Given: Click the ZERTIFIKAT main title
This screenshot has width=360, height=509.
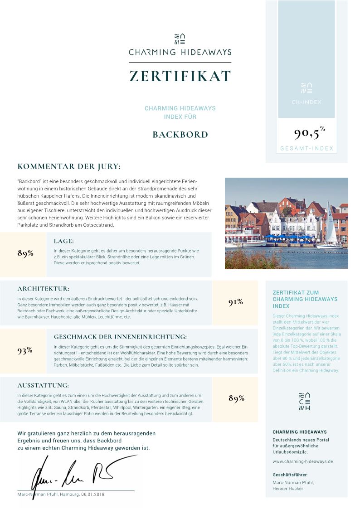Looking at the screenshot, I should pyautogui.click(x=180, y=76).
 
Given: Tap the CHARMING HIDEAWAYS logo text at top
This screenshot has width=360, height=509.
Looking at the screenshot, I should pyautogui.click(x=180, y=52).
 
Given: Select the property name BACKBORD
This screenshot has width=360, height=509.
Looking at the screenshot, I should pyautogui.click(x=180, y=135).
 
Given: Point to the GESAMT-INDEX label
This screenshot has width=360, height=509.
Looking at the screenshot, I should pyautogui.click(x=306, y=149).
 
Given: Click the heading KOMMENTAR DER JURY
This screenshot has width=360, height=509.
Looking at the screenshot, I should pyautogui.click(x=69, y=167).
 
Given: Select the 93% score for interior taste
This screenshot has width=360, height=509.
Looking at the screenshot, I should pyautogui.click(x=25, y=350).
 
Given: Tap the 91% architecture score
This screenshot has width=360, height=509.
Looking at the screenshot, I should pyautogui.click(x=236, y=302).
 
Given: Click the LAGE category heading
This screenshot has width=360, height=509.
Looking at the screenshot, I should pyautogui.click(x=63, y=241).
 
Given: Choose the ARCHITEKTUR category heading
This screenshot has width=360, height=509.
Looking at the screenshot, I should pyautogui.click(x=43, y=289).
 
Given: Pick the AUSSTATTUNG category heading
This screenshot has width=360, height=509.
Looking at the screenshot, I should pyautogui.click(x=43, y=386).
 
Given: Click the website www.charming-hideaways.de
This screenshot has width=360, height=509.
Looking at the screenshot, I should pyautogui.click(x=303, y=461).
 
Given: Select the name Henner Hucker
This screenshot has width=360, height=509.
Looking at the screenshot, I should pyautogui.click(x=287, y=489).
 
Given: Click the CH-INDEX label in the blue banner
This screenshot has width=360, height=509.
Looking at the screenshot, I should pyautogui.click(x=306, y=102).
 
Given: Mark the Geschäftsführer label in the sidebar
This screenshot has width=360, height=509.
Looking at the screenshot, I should pyautogui.click(x=290, y=475).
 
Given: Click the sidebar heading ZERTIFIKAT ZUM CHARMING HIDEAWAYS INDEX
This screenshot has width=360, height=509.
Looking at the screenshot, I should pyautogui.click(x=305, y=299).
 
